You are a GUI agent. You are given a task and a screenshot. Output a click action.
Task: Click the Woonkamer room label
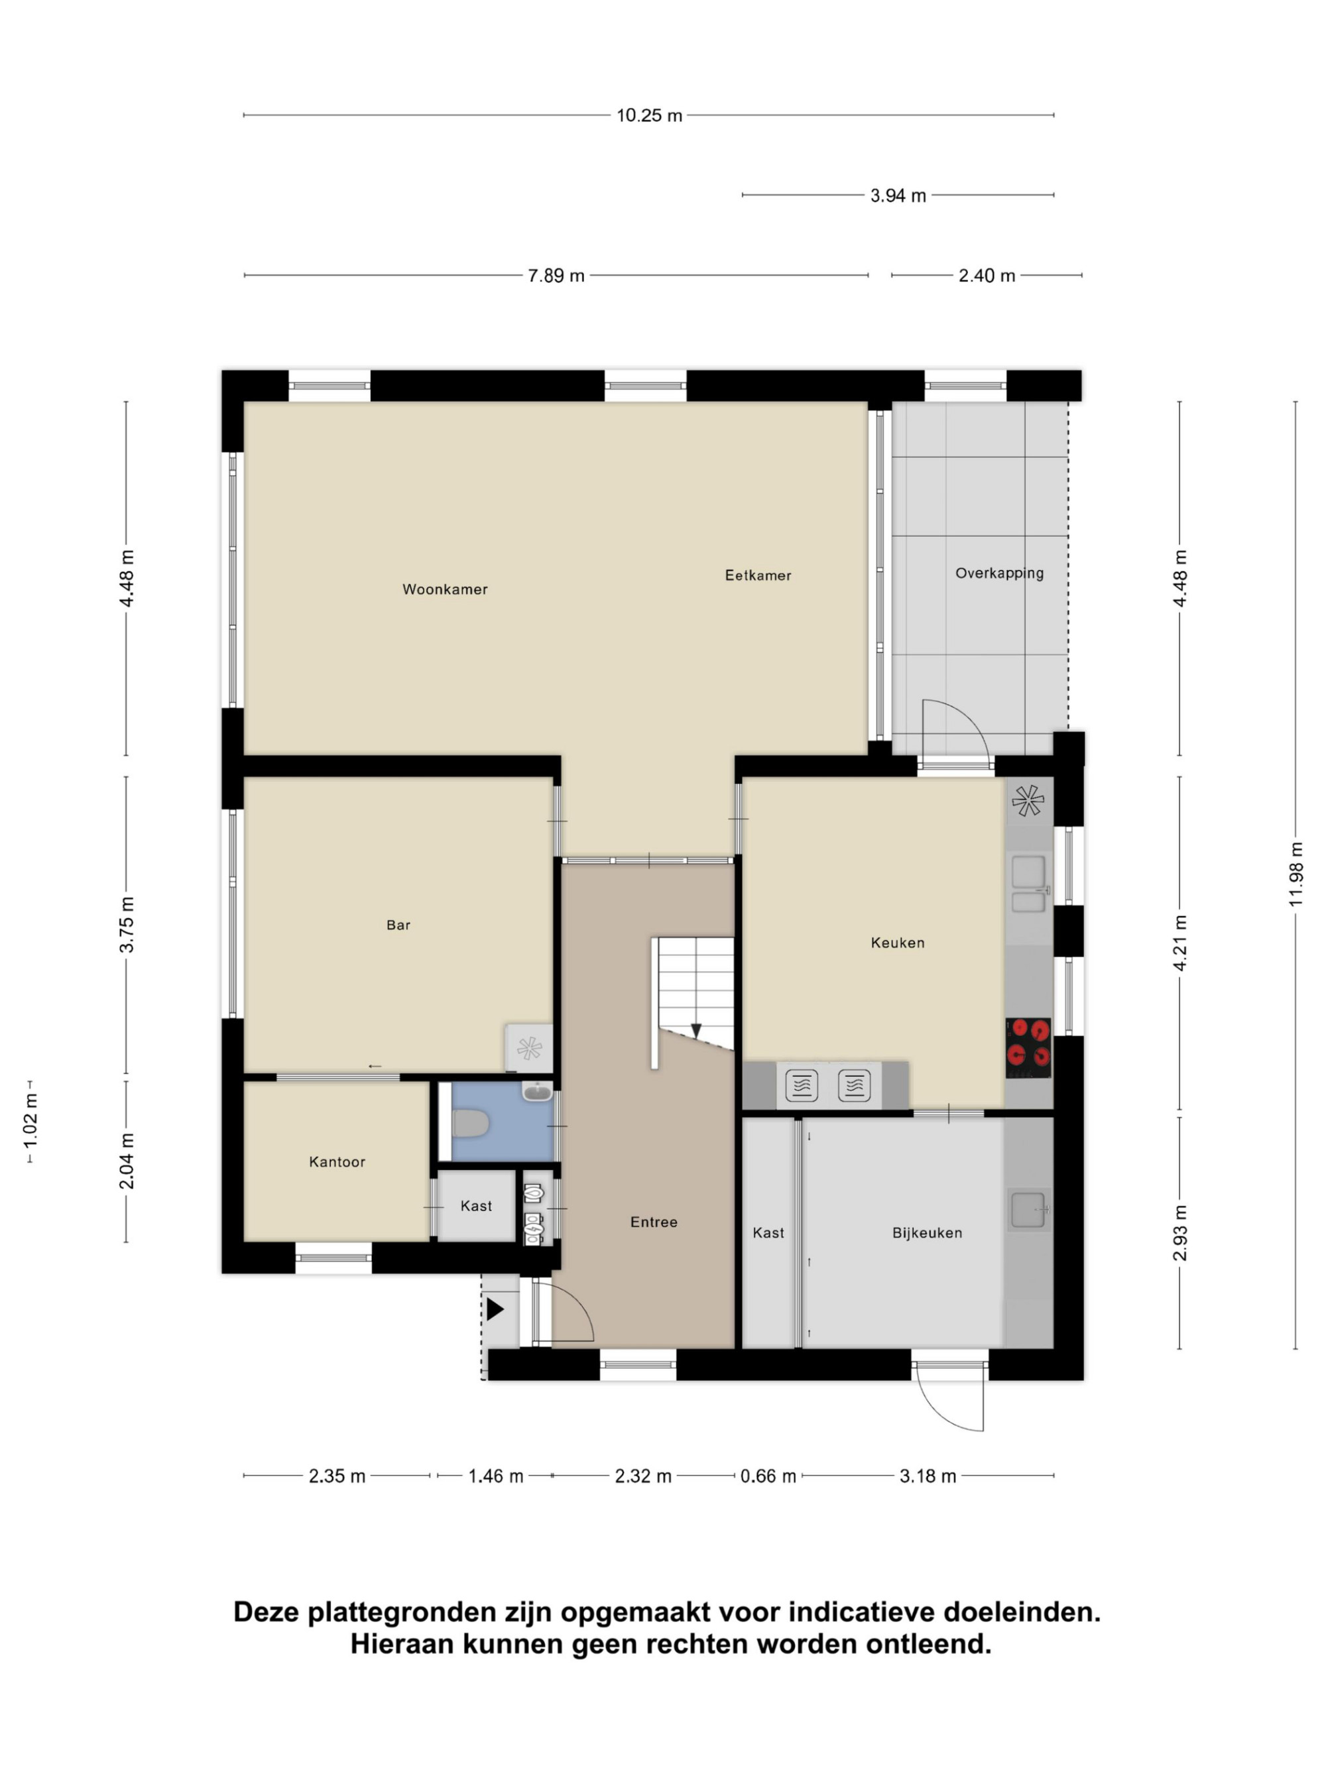(444, 589)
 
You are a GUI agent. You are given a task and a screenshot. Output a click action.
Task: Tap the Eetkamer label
(758, 575)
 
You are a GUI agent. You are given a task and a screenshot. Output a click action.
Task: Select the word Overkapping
(999, 573)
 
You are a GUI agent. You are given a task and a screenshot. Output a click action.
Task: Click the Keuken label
(897, 943)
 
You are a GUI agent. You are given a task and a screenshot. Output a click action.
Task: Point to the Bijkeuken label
(926, 1232)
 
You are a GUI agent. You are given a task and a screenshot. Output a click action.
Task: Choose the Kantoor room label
(337, 1161)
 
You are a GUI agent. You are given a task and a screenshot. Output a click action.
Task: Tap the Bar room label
(398, 925)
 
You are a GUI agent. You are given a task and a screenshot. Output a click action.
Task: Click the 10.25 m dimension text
(649, 115)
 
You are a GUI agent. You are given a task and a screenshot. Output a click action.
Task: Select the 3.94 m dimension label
(898, 195)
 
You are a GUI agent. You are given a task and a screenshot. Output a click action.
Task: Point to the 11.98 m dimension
(1295, 874)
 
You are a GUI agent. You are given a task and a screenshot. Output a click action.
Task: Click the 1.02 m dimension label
(30, 1122)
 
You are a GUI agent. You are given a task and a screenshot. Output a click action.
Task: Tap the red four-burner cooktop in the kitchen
(1027, 1047)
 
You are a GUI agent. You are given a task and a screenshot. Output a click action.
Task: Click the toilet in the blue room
(470, 1123)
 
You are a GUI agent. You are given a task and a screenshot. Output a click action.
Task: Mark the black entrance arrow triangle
(495, 1309)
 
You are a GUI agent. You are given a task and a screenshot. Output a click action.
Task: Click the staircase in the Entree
(692, 1002)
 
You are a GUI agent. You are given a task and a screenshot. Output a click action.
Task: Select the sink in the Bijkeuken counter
(1028, 1210)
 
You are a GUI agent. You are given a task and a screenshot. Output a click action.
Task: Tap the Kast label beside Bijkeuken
(768, 1232)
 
